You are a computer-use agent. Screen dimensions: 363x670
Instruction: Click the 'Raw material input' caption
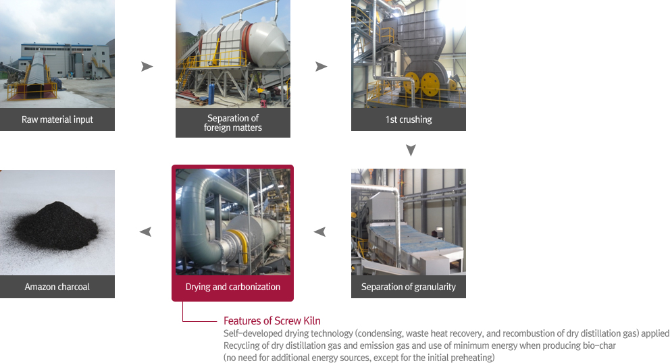[x=57, y=119]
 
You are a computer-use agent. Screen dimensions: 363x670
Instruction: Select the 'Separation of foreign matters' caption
[x=232, y=123]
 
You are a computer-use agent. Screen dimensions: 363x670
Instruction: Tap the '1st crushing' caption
[x=408, y=119]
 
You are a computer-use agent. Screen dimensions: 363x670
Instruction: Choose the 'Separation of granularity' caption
[x=408, y=287]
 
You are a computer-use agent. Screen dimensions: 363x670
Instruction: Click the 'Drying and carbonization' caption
[x=232, y=287]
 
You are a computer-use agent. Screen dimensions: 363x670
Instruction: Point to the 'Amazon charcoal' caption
[x=57, y=287]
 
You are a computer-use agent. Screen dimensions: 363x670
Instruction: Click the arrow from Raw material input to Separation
[x=147, y=67]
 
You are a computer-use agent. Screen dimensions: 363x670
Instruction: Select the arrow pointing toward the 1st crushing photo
[x=321, y=67]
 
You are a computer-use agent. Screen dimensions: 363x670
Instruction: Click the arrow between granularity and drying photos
[x=320, y=232]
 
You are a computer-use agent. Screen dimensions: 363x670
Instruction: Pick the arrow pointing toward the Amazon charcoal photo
[x=145, y=232]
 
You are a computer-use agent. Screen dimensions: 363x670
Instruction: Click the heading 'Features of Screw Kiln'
[x=272, y=320]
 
